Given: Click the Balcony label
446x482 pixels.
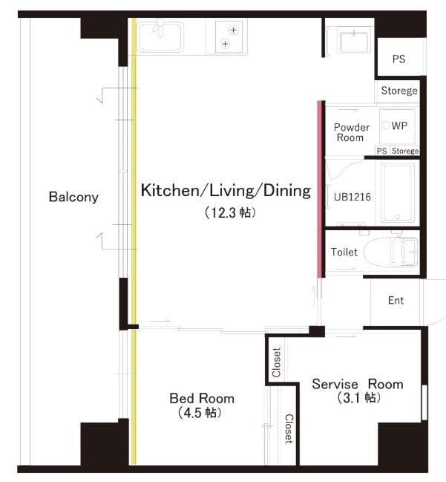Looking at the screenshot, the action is click(x=73, y=197).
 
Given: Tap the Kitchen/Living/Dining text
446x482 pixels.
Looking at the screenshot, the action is click(x=226, y=190).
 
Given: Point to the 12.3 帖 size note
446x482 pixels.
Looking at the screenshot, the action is click(x=230, y=212).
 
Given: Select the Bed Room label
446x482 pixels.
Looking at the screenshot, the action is click(x=202, y=398).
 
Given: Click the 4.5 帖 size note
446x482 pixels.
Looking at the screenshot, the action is click(x=200, y=412).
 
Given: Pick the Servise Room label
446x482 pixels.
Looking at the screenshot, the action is click(x=358, y=384).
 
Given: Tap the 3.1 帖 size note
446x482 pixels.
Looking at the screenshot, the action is click(x=358, y=398).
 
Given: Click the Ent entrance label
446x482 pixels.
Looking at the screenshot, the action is click(x=396, y=300).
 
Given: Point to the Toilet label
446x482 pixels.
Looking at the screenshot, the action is click(x=344, y=252).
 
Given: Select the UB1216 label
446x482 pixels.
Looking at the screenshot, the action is click(x=352, y=197).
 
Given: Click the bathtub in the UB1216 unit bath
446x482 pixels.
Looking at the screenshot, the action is click(x=397, y=193).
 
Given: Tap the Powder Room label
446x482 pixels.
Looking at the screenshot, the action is click(x=351, y=132).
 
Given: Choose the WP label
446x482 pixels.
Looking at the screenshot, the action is click(x=399, y=126).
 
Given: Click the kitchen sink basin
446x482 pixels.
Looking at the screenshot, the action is click(x=160, y=36).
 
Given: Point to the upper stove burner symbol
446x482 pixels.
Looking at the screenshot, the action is click(x=234, y=30).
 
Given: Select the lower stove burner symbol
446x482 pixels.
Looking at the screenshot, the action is click(x=225, y=44).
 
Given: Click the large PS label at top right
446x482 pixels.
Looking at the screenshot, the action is click(x=399, y=59).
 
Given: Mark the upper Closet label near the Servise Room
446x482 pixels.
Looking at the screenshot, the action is click(x=277, y=362).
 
